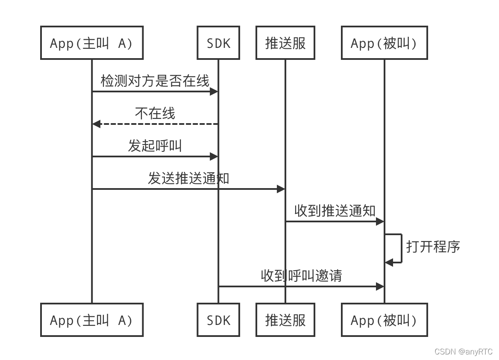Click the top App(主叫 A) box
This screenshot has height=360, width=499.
click(x=91, y=43)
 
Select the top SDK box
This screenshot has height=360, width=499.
click(x=218, y=43)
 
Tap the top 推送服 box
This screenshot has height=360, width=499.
click(x=285, y=43)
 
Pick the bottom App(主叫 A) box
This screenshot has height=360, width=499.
click(x=91, y=320)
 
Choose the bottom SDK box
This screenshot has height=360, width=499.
click(x=218, y=320)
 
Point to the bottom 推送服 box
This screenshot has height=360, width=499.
click(x=285, y=320)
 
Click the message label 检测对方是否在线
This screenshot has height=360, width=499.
click(x=155, y=80)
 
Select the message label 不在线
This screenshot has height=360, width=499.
click(x=155, y=113)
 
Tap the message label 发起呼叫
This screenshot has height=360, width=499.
click(x=155, y=146)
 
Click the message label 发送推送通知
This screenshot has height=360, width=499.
click(x=188, y=178)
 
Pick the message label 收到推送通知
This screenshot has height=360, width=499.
click(x=335, y=210)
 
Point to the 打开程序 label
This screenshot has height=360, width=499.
click(x=432, y=247)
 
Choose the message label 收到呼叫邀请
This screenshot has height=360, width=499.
click(x=301, y=276)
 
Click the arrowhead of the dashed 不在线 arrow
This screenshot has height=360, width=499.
click(x=96, y=124)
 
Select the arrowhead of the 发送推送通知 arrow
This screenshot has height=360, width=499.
click(x=281, y=189)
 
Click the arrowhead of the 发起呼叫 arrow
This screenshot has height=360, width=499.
click(x=214, y=156)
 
